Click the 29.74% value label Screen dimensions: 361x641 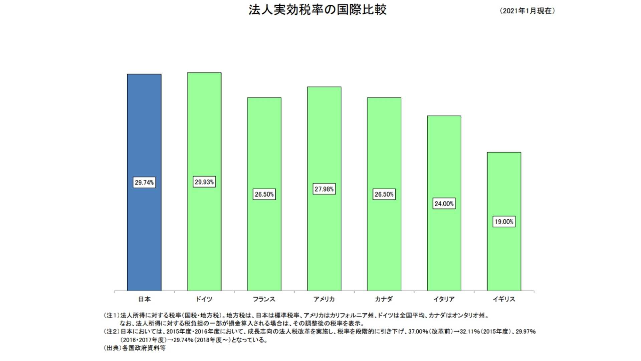click(144, 183)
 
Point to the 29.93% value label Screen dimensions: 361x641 click(204, 182)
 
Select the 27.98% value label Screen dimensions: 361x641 click(324, 189)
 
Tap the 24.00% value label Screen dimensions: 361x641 click(444, 204)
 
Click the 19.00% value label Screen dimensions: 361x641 click(504, 222)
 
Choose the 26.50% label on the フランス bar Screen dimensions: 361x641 click(264, 194)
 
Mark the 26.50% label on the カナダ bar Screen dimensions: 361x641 click(384, 194)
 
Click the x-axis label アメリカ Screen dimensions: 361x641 click(324, 299)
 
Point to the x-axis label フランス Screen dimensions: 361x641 click(264, 299)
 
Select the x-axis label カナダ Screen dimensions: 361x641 click(384, 299)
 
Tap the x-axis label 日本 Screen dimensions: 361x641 click(144, 299)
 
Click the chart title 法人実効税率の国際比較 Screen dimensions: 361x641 click(317, 10)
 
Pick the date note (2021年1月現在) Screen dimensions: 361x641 click(527, 11)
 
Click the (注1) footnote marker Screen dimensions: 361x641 click(111, 315)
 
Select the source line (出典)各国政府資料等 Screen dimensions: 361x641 click(135, 348)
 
